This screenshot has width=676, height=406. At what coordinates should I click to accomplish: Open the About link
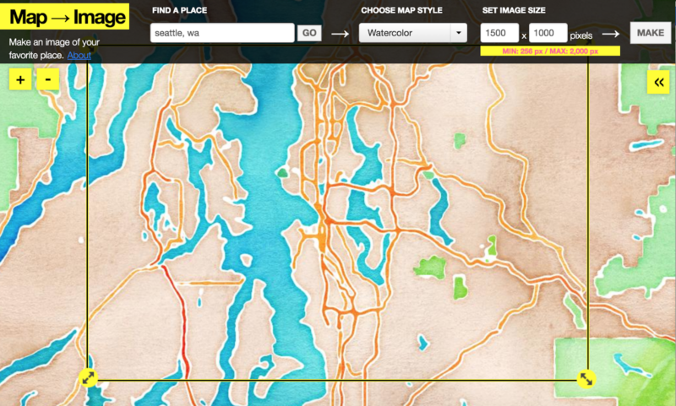(79, 56)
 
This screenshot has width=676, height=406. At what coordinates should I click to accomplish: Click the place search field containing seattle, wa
(221, 33)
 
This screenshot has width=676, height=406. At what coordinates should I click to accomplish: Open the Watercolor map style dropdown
(412, 33)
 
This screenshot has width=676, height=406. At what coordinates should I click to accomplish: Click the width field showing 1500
(499, 33)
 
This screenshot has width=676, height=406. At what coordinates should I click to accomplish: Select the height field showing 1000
(548, 33)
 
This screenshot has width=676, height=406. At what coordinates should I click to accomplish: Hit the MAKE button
(650, 33)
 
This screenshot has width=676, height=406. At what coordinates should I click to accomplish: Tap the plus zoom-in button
(20, 79)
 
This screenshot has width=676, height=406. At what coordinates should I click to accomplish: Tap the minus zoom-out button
(48, 79)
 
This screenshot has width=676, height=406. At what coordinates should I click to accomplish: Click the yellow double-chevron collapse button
(658, 81)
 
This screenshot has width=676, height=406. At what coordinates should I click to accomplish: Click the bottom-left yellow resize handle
(90, 379)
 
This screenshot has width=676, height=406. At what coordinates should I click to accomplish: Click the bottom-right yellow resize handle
(586, 379)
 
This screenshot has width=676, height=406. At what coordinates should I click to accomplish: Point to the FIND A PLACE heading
(180, 11)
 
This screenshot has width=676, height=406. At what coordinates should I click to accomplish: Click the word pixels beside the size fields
(581, 35)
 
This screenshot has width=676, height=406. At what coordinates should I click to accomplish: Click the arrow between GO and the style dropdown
(340, 34)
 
